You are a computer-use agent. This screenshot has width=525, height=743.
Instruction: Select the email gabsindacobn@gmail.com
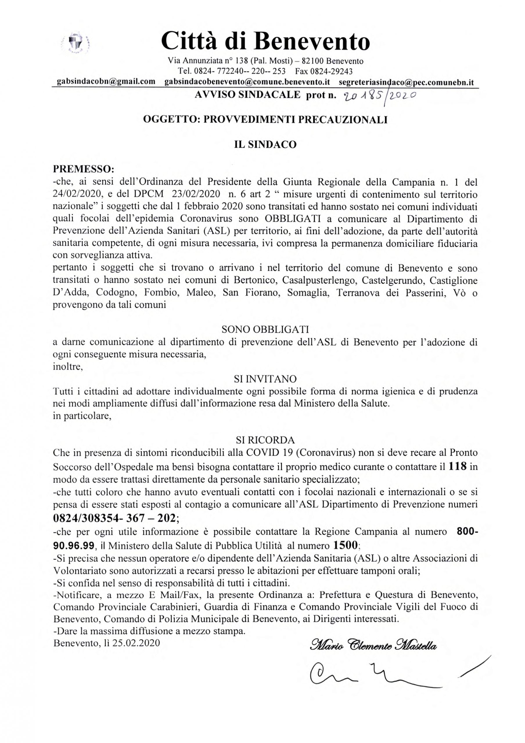point(106,82)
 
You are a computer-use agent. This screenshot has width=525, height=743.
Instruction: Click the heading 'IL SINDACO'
point(265,144)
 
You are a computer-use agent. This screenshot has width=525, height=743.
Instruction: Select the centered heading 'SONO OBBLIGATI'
point(265,329)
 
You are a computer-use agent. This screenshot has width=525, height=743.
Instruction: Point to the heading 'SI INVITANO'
point(265,379)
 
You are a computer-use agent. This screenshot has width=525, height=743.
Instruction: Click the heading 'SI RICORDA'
point(265,440)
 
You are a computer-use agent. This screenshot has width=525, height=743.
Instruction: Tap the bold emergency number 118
point(457,467)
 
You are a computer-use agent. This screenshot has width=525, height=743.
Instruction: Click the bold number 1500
point(345,546)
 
